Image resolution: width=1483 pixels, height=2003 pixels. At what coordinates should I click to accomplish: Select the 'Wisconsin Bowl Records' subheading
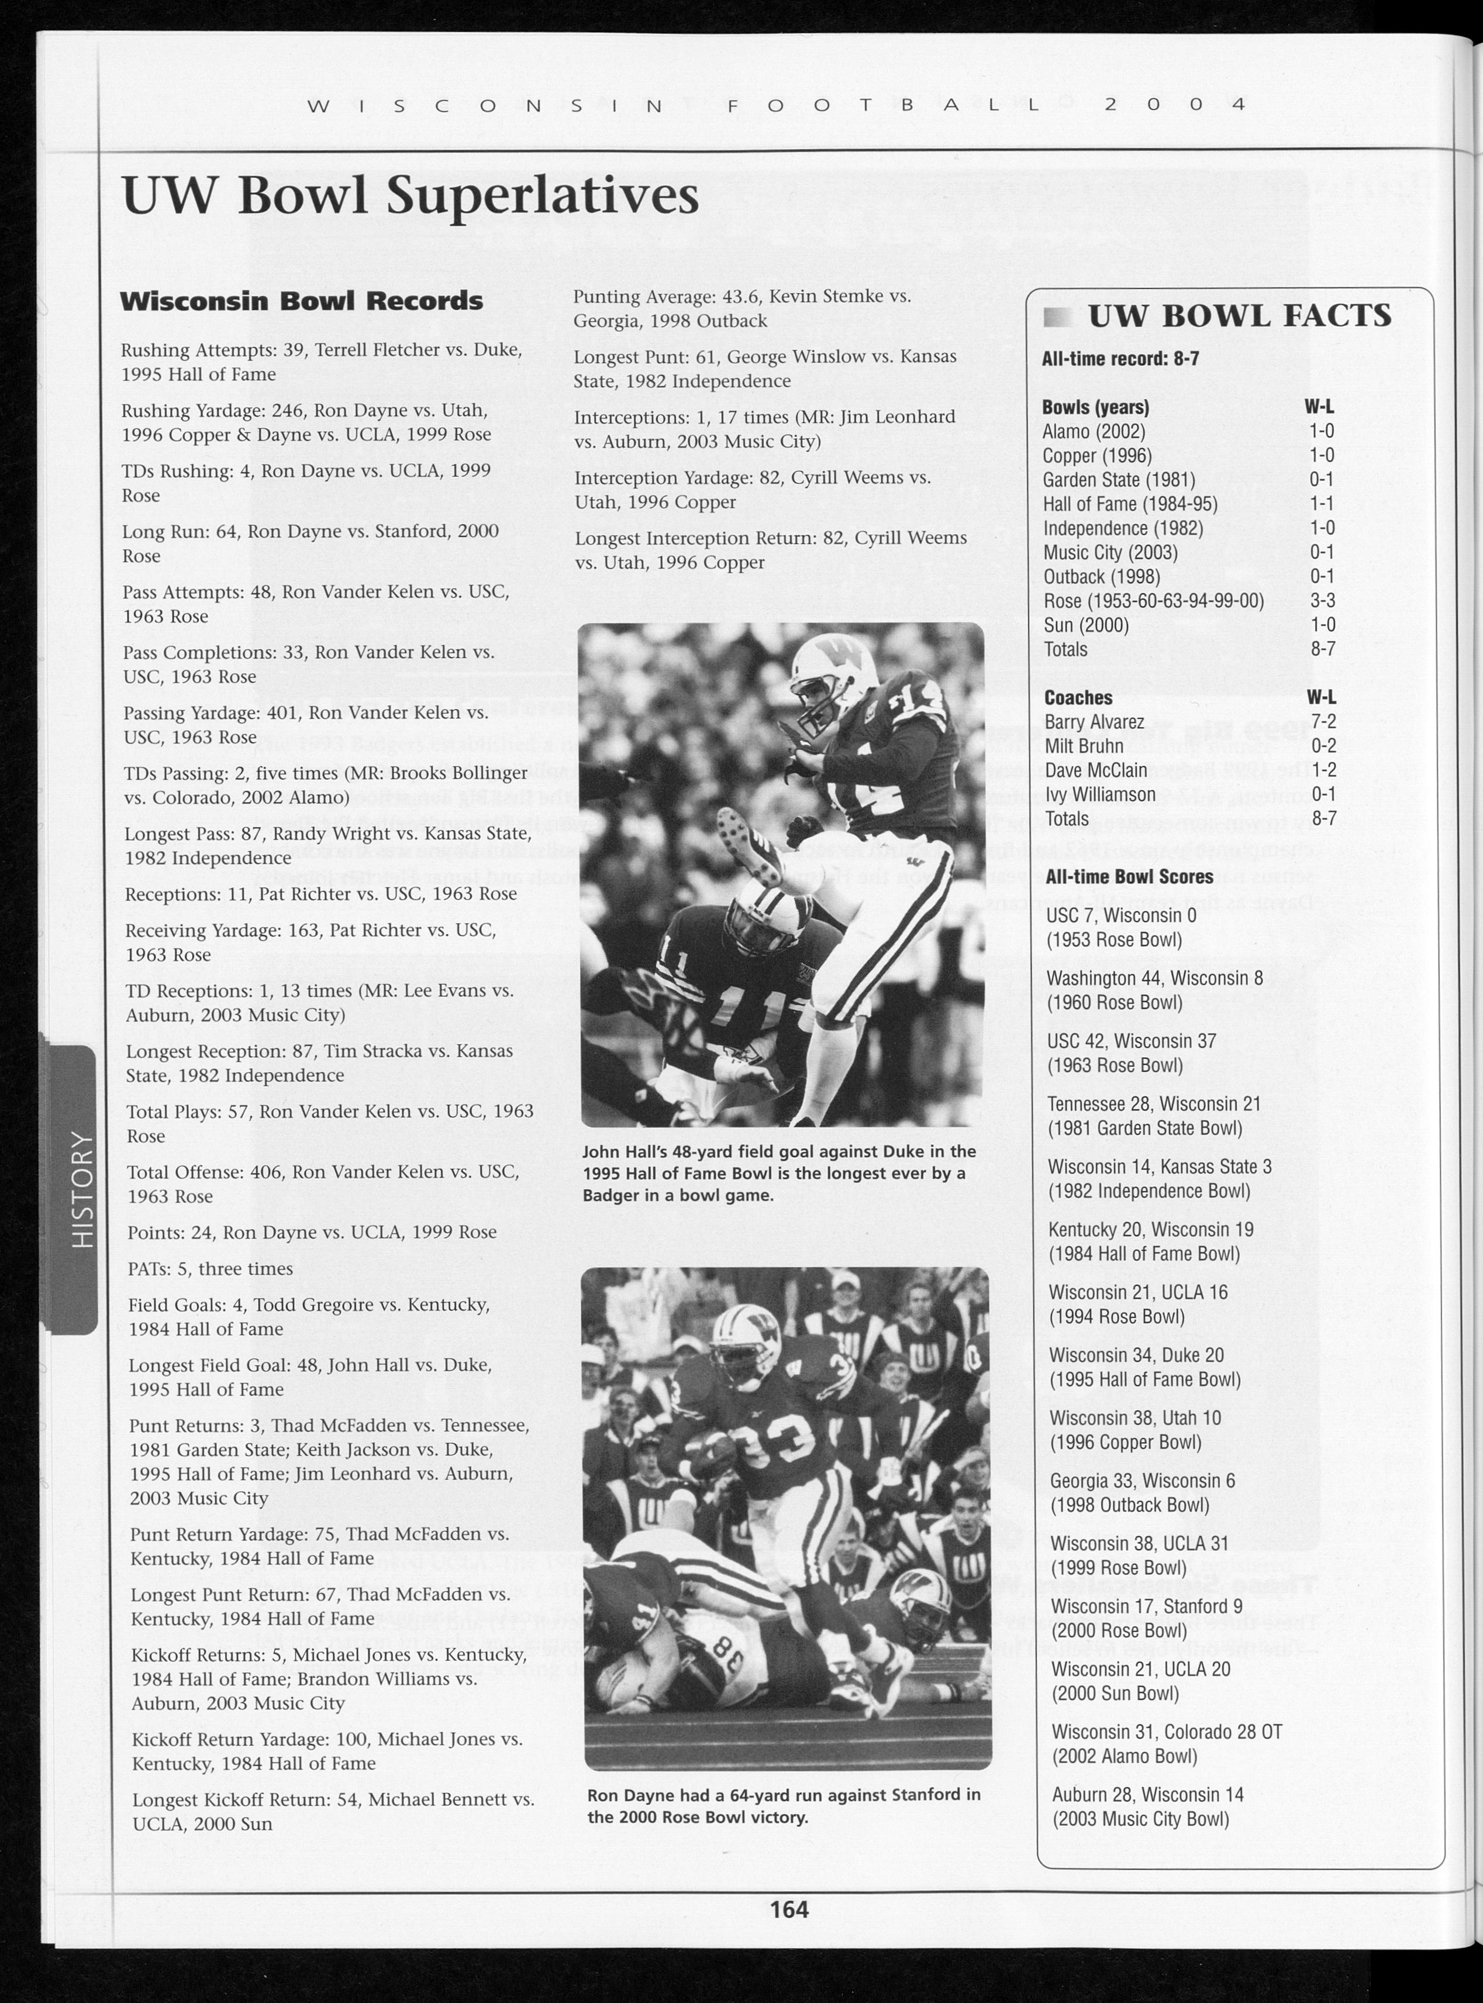[x=302, y=301]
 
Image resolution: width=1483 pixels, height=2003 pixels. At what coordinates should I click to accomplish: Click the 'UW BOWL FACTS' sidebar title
[x=1239, y=316]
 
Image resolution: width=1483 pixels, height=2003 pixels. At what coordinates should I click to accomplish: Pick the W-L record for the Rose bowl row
[x=1322, y=601]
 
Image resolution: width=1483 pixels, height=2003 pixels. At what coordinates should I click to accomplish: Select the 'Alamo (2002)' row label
[x=1094, y=432]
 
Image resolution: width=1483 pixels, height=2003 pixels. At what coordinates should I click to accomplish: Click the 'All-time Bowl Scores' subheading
[x=1129, y=876]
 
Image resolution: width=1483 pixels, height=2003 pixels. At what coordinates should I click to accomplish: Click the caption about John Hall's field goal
[x=778, y=1173]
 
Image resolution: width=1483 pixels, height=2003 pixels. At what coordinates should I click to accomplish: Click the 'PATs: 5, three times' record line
[x=210, y=1269]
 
